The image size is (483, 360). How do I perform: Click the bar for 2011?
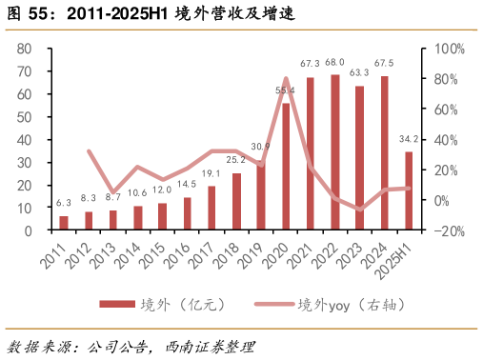64,223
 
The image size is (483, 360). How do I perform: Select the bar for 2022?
335,152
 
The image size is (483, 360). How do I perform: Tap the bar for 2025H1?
409,190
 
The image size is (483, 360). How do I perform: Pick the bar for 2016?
188,213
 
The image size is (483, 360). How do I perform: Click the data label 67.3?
310,64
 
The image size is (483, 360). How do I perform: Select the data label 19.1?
211,173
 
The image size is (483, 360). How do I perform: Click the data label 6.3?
64,203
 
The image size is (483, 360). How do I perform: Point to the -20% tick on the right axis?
449,230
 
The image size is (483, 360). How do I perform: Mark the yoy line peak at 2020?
286,79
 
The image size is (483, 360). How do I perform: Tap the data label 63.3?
359,72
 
